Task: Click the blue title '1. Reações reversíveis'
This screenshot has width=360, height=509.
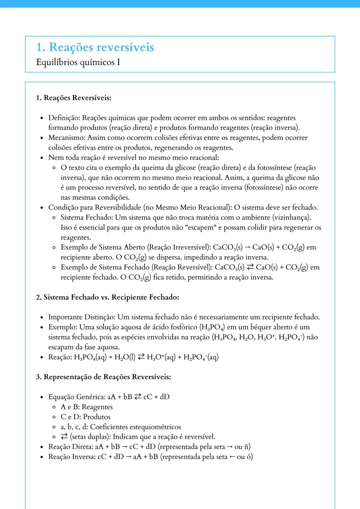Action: click(95, 47)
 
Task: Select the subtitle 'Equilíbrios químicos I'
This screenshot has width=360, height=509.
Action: click(78, 62)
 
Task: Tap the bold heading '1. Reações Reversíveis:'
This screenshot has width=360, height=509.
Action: click(74, 98)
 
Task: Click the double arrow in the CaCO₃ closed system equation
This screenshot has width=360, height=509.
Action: click(250, 267)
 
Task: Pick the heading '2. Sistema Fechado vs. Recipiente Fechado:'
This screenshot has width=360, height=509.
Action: click(107, 297)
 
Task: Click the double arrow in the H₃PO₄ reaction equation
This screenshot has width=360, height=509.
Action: click(141, 357)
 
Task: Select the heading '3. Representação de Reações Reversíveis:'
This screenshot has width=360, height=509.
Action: click(103, 377)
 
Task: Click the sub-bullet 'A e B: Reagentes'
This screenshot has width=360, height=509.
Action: click(87, 407)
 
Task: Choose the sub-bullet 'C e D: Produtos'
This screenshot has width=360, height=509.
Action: click(85, 417)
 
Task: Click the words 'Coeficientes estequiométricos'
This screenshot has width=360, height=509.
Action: click(135, 427)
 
